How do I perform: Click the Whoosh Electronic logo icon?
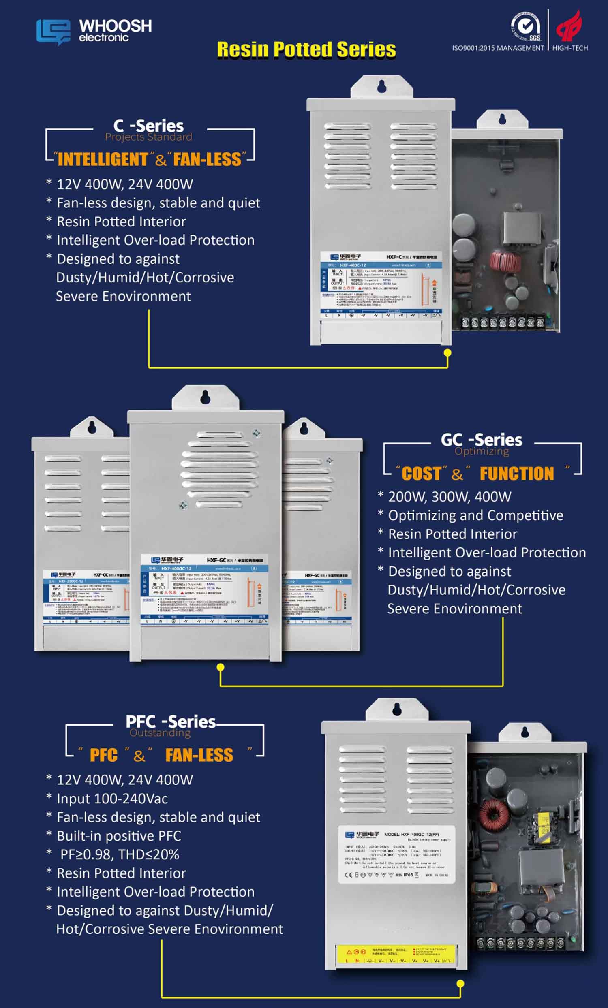pyautogui.click(x=53, y=32)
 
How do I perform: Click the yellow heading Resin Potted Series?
pyautogui.click(x=306, y=49)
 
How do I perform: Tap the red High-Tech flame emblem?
pyautogui.click(x=569, y=26)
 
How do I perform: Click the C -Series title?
pyautogui.click(x=148, y=125)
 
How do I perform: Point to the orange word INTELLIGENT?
pyautogui.click(x=103, y=159)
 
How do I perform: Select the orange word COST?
pyautogui.click(x=421, y=474)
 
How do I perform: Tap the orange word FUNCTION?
pyautogui.click(x=517, y=474)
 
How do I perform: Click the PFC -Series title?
pyautogui.click(x=171, y=722)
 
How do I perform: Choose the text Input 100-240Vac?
pyautogui.click(x=112, y=798)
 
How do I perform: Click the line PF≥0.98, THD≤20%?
pyautogui.click(x=120, y=854)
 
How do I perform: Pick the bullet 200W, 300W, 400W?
pyautogui.click(x=449, y=497)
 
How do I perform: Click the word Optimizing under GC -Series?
pyautogui.click(x=482, y=451)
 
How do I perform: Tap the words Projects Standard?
pyautogui.click(x=148, y=137)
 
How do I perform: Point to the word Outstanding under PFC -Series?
pyautogui.click(x=160, y=733)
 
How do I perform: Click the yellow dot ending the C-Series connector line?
pyautogui.click(x=447, y=352)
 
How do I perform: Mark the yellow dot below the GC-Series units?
pyautogui.click(x=221, y=667)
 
